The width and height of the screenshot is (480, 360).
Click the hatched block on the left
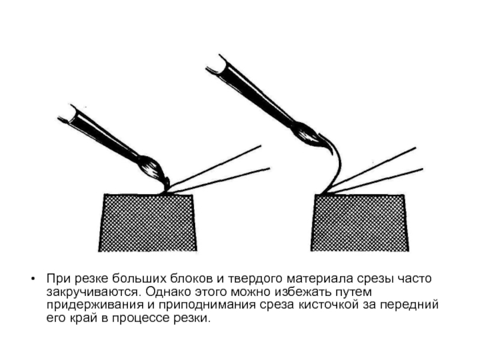(x=148, y=223)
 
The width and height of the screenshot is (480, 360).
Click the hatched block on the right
(x=359, y=223)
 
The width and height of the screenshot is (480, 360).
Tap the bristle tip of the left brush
(x=167, y=185)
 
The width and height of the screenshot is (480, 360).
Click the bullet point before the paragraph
(x=33, y=279)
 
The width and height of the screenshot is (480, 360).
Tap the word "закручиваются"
(x=94, y=292)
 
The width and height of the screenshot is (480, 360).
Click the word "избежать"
(x=302, y=292)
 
